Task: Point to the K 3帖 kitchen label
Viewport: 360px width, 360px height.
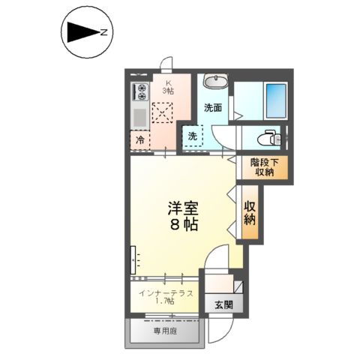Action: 169,86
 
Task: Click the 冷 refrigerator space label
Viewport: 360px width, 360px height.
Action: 139,139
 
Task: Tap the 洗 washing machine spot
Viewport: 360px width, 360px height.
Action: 193,136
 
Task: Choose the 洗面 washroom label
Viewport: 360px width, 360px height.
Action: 213,107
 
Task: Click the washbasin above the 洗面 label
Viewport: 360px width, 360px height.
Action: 215,82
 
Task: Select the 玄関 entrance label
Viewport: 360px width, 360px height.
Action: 223,305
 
